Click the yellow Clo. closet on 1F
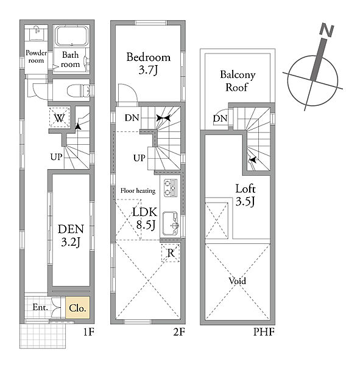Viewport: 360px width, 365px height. tap(77, 307)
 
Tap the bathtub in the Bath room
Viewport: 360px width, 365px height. tap(72, 36)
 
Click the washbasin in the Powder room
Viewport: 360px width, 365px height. tap(36, 33)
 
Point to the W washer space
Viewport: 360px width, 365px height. tap(60, 117)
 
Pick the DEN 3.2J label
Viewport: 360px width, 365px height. tap(71, 235)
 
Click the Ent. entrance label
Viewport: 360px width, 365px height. tap(40, 307)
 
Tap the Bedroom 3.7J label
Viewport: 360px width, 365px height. tap(148, 63)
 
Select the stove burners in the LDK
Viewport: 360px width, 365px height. tap(171, 188)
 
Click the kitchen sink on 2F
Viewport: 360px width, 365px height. tap(171, 223)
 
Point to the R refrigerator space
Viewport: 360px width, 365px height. tap(171, 253)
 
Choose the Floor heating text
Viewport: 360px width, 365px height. tap(138, 191)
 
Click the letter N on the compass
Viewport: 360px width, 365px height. tap(327, 30)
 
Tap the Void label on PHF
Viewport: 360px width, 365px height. tap(238, 281)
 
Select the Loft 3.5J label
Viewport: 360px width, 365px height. tap(245, 195)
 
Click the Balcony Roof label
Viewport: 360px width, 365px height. tap(238, 81)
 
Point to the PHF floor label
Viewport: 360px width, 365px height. tap(264, 332)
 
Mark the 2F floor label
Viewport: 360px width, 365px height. tap(179, 332)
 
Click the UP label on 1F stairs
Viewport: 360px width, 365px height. tap(57, 157)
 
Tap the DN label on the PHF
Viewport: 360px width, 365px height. tap(220, 119)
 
